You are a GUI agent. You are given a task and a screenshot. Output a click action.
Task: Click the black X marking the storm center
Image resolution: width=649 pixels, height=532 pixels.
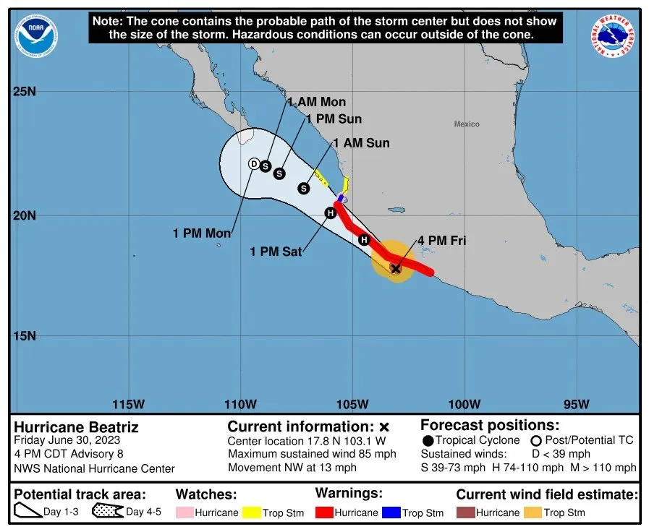pyautogui.click(x=396, y=268)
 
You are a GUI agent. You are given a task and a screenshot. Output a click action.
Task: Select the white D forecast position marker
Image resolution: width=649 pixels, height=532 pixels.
pyautogui.click(x=254, y=164)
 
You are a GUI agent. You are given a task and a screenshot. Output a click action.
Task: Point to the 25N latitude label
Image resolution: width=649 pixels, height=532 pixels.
pyautogui.click(x=25, y=92)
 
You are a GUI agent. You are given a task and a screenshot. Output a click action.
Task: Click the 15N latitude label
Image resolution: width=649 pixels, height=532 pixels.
pyautogui.click(x=25, y=336)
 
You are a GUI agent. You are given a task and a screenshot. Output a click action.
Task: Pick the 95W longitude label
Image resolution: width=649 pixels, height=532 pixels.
pyautogui.click(x=576, y=403)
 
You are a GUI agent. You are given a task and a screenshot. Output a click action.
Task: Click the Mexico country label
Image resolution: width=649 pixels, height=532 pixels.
pyautogui.click(x=467, y=124)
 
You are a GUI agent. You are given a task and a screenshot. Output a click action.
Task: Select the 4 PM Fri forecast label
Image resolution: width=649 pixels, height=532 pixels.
pyautogui.click(x=441, y=241)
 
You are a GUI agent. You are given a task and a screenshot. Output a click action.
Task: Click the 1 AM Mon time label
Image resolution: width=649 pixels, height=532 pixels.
pyautogui.click(x=316, y=102)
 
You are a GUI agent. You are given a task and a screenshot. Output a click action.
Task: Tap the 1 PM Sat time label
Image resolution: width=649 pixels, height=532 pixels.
pyautogui.click(x=276, y=252)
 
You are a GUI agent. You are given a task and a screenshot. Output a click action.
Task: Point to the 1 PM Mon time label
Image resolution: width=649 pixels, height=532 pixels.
pyautogui.click(x=202, y=233)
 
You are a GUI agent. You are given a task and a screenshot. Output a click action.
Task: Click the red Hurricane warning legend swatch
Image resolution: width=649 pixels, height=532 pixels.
pyautogui.click(x=325, y=512)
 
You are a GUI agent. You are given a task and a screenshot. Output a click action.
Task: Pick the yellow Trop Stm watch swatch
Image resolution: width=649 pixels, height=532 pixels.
pyautogui.click(x=250, y=512)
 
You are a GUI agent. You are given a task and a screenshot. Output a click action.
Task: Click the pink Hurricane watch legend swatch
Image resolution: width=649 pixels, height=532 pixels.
pyautogui.click(x=184, y=512)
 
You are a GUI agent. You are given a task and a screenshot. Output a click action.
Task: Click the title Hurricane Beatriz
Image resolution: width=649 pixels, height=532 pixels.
pyautogui.click(x=76, y=426)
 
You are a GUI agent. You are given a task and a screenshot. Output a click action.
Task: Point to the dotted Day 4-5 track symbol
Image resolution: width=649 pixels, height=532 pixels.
pyautogui.click(x=106, y=512)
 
